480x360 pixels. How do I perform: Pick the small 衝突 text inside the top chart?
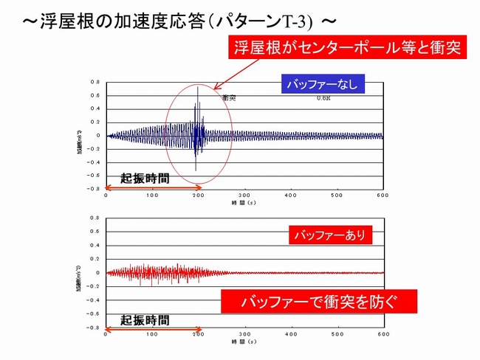[x=228, y=97]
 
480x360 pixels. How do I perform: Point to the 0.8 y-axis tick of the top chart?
[x=95, y=82]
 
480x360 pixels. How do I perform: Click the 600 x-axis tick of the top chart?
[x=383, y=195]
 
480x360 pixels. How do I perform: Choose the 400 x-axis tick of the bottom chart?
[x=291, y=333]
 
